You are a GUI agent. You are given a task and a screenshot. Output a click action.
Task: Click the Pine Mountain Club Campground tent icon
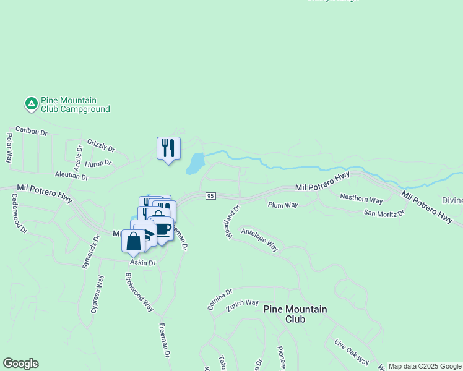pos(31,104)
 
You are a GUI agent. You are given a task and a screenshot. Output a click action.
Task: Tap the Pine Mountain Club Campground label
pos(75,104)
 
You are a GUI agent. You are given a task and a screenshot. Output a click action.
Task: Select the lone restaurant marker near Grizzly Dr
pos(168,148)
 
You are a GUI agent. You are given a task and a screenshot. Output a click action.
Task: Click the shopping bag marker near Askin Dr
pos(133,241)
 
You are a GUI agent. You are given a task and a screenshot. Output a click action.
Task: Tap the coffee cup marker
pos(162,229)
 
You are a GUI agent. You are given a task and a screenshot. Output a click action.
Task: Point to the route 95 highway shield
pos(210,196)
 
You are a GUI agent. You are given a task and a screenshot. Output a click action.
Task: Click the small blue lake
pos(195,164)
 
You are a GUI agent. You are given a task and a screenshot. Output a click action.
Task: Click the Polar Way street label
pos(10,148)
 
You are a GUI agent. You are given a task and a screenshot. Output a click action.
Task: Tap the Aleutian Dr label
pos(71,176)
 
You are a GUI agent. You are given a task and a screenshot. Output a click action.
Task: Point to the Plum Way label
pos(283,205)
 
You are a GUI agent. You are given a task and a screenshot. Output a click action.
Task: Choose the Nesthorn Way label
pos(363,198)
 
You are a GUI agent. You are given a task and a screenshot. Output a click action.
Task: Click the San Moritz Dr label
pos(384,213)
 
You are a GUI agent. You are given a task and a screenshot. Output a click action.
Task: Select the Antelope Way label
pos(259,239)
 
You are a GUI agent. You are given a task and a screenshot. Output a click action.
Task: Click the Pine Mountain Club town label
pos(295,314)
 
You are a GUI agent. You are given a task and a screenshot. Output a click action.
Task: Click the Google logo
pos(20,364)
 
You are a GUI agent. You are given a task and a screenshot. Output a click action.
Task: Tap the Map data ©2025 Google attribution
pos(425,366)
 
